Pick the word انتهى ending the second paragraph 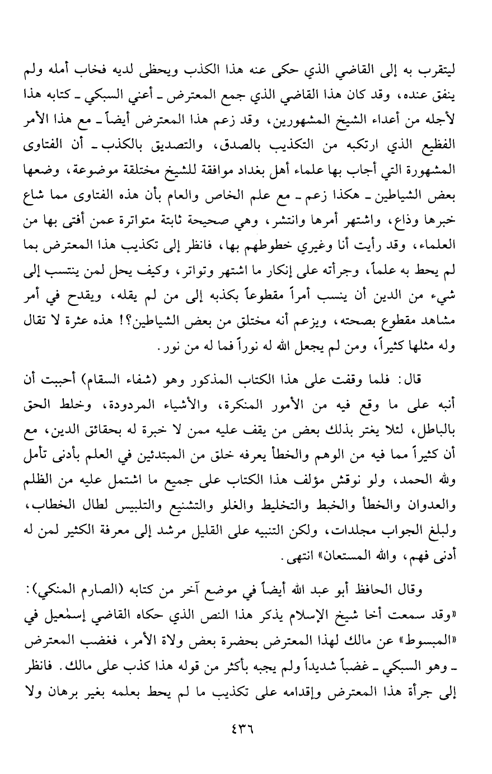(278, 561)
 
